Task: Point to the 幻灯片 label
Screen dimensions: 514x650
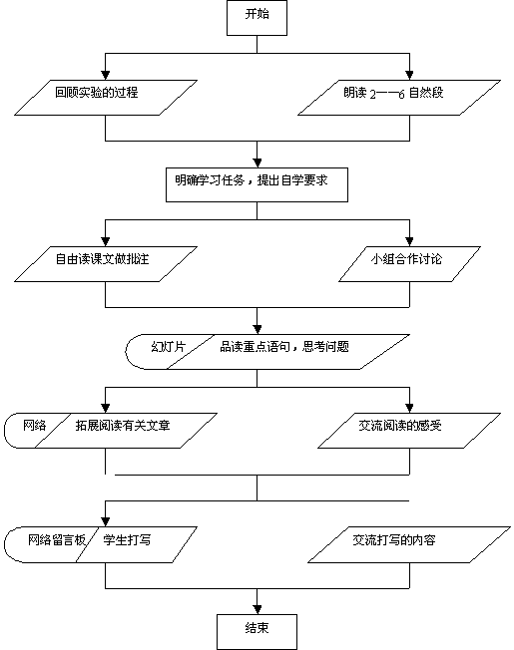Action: point(168,347)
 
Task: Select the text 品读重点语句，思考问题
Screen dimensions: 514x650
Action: point(284,347)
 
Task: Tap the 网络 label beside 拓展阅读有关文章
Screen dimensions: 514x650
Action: point(34,426)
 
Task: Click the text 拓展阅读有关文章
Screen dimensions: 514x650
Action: point(123,426)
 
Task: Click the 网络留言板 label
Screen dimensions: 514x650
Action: point(57,539)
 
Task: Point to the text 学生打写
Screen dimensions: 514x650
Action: point(127,539)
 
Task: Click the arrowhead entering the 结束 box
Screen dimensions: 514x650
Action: point(257,609)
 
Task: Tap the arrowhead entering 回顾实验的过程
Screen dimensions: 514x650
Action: point(106,75)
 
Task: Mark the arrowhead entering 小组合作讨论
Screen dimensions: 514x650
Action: point(409,241)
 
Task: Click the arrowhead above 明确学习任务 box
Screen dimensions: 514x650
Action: point(257,162)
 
